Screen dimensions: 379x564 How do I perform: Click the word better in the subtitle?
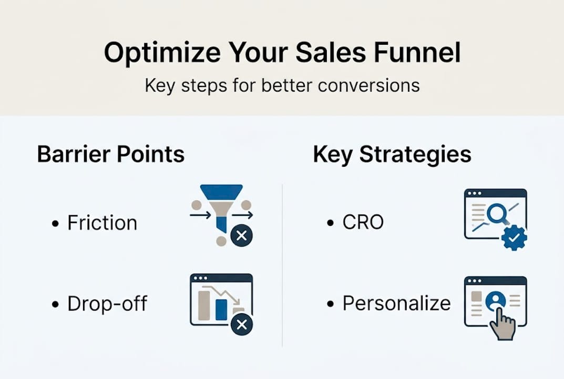point(284,85)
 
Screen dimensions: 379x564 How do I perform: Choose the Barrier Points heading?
point(111,155)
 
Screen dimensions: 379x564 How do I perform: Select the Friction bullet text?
point(102,223)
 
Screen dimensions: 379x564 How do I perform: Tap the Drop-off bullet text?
point(107,304)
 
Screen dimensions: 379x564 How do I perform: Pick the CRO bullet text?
point(363,223)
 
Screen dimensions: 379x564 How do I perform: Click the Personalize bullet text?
point(396,303)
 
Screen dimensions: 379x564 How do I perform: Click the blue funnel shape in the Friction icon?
point(222,197)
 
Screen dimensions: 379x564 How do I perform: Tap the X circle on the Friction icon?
point(241,236)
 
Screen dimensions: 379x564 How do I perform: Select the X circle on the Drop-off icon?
point(241,325)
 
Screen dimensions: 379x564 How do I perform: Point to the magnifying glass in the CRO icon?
point(495,214)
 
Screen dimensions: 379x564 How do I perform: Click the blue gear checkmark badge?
point(514,238)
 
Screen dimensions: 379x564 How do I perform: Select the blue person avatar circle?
point(495,301)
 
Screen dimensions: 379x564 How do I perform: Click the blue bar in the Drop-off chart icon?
point(221,310)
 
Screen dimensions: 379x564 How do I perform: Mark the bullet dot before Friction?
point(56,224)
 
